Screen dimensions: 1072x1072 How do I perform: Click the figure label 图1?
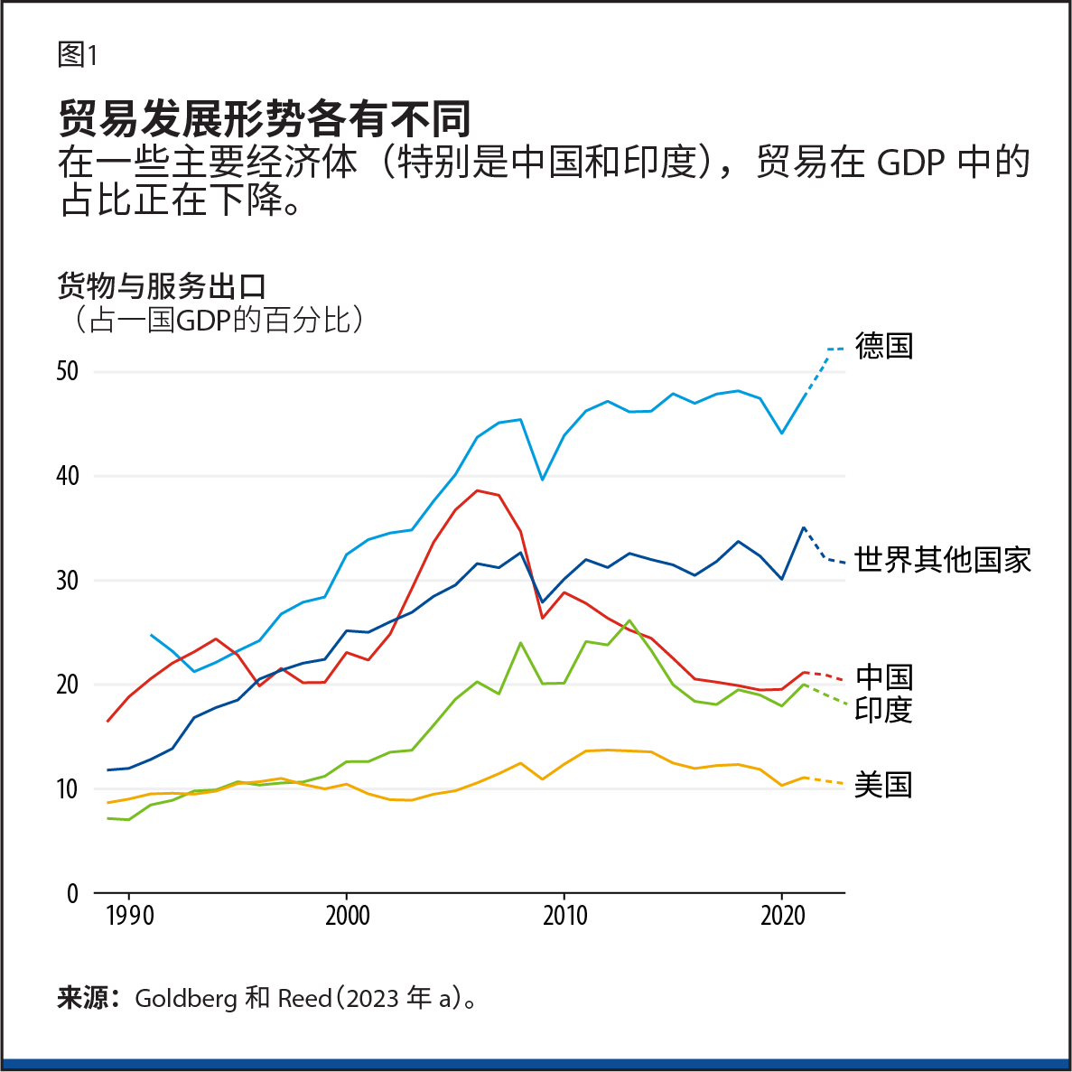(77, 55)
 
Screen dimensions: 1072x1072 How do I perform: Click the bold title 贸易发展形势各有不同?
(265, 117)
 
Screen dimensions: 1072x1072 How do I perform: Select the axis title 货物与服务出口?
(162, 286)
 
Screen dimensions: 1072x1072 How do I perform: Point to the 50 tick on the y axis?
(67, 371)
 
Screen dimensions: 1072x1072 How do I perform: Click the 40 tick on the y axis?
(67, 476)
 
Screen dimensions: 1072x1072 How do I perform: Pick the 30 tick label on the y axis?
(67, 581)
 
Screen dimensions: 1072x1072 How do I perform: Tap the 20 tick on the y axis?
(67, 685)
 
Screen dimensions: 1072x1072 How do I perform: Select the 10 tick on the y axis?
(67, 789)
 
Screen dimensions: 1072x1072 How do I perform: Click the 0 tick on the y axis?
(72, 894)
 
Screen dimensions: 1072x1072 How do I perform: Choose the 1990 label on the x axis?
(129, 916)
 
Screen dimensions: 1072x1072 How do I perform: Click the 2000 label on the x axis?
(347, 916)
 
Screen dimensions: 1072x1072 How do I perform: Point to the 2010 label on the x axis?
(564, 916)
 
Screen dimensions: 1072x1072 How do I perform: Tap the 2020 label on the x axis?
(782, 916)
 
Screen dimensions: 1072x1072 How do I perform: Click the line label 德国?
(883, 346)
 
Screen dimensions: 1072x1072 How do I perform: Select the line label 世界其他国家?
(942, 560)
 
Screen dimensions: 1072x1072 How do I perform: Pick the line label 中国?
(883, 676)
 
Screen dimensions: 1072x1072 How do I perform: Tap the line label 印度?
(883, 710)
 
